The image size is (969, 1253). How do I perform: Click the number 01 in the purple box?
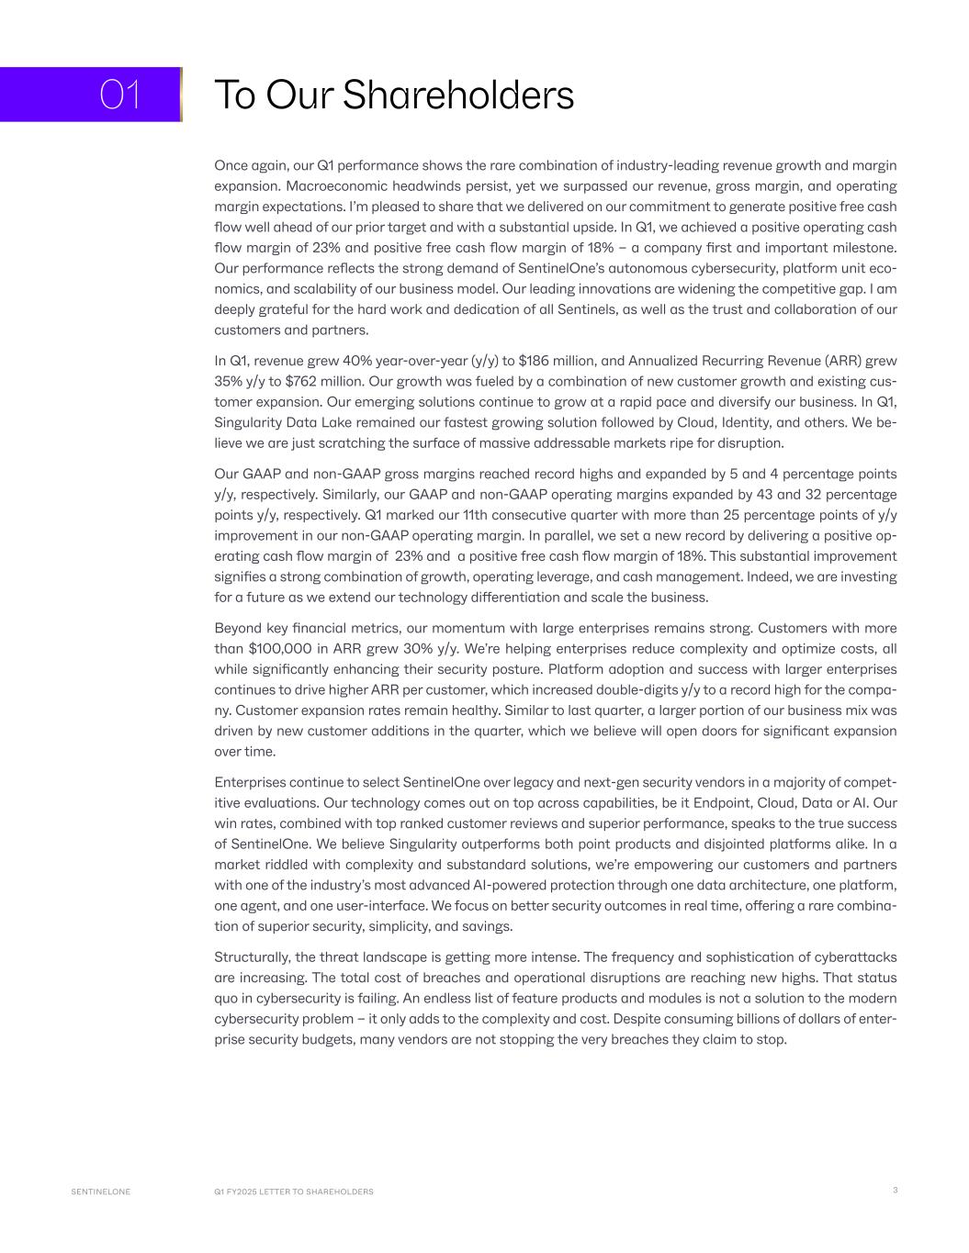pyautogui.click(x=119, y=95)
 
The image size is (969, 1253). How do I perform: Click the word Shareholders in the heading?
pyautogui.click(x=457, y=95)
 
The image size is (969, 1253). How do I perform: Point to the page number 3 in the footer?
pyautogui.click(x=895, y=1191)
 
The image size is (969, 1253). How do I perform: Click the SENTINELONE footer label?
pyautogui.click(x=101, y=1191)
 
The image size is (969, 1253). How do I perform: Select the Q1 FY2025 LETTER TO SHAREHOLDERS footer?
pyautogui.click(x=294, y=1191)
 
